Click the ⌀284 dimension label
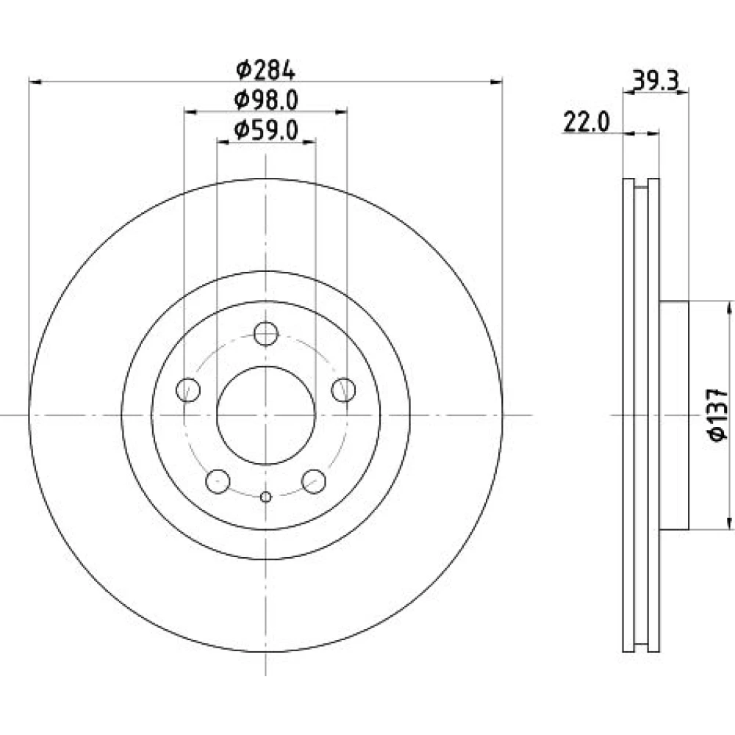coord(266,71)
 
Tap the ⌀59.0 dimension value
coord(266,130)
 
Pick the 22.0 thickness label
coord(586,123)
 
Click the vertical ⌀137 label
coord(717,415)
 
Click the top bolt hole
coord(266,334)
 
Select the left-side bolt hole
coord(188,390)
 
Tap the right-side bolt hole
coord(343,390)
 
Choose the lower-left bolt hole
coord(218,481)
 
